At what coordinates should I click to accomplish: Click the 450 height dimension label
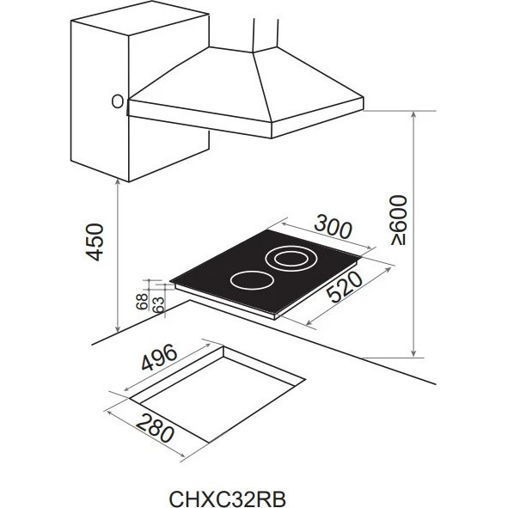pos(95,242)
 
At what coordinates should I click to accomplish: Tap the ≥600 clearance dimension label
pos(398,220)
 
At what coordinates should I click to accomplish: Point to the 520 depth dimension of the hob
pos(345,286)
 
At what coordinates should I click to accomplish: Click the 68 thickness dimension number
pos(142,302)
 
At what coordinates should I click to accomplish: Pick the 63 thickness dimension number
pos(158,305)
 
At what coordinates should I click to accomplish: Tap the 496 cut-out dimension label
pos(159,357)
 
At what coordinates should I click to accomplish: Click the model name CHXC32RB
pos(228,499)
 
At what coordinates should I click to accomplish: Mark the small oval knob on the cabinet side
pos(117,101)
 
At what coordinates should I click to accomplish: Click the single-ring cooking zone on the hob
pos(252,280)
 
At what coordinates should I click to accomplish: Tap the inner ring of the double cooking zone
pos(291,260)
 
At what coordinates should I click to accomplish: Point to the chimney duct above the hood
pos(266,34)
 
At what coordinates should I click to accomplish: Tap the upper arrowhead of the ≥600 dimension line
pos(413,114)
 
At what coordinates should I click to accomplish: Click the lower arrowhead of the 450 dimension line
pos(118,328)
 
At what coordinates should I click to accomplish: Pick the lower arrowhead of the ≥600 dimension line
pos(413,353)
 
